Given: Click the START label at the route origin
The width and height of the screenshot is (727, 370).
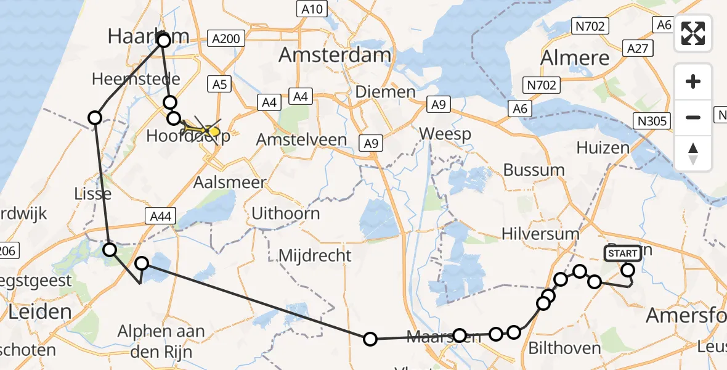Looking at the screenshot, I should (623, 253).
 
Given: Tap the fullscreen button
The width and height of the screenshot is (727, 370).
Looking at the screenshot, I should (693, 33).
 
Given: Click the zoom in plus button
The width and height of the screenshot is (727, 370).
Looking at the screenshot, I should (693, 81).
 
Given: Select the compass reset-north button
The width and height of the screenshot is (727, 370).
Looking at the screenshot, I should (693, 154).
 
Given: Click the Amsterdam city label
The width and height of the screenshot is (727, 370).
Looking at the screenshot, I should (335, 55).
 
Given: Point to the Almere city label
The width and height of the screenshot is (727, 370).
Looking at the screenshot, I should (575, 59).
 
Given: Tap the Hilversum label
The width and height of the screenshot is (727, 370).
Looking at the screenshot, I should (540, 234).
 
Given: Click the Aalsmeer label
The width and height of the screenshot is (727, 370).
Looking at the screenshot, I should (230, 183).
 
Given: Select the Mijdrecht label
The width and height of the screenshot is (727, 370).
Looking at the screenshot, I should (315, 255).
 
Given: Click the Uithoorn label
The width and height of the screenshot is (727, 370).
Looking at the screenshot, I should (285, 214).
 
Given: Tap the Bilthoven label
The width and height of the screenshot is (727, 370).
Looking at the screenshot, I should (564, 348).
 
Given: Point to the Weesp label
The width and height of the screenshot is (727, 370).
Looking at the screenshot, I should (445, 134).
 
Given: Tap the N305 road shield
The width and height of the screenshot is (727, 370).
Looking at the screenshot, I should (652, 121).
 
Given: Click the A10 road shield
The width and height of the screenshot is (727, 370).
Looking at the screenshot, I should (311, 9).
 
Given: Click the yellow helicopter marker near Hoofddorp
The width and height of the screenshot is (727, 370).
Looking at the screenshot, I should (213, 131).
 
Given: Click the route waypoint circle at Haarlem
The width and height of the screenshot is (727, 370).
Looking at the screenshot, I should (164, 41).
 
